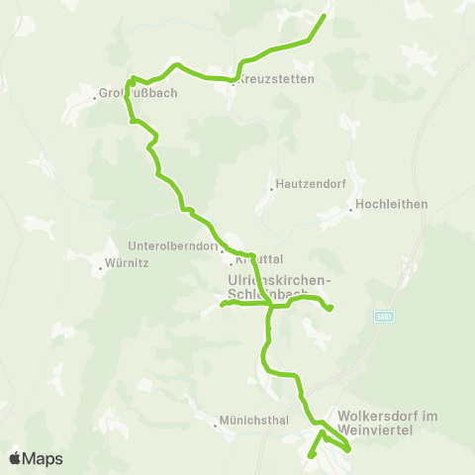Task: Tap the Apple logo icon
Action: [x=17, y=458]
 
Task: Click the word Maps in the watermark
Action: [x=44, y=458]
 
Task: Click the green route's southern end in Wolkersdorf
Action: [x=310, y=456]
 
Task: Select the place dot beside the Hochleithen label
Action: [x=351, y=209]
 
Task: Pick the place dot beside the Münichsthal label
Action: [x=216, y=427]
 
